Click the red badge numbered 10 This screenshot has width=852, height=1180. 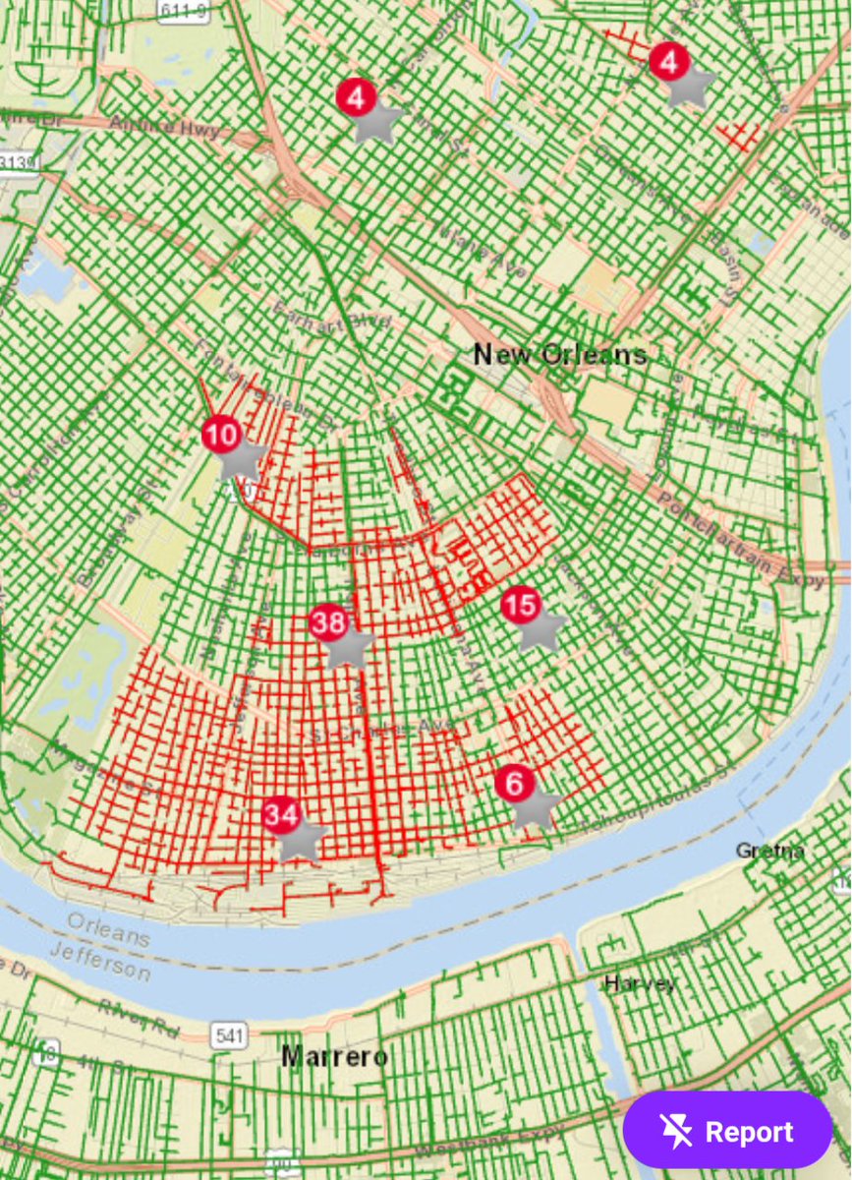pyautogui.click(x=221, y=435)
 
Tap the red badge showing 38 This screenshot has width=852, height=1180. pyautogui.click(x=328, y=621)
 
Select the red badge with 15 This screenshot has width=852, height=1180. pyautogui.click(x=520, y=604)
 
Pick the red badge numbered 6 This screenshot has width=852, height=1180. pyautogui.click(x=515, y=784)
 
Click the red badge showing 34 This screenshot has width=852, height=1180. pyautogui.click(x=281, y=814)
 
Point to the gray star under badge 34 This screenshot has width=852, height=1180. pyautogui.click(x=303, y=841)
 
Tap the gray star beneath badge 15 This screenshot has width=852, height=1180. pyautogui.click(x=541, y=630)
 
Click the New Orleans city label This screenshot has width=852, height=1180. pyautogui.click(x=560, y=354)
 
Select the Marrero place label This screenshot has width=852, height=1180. pyautogui.click(x=334, y=1057)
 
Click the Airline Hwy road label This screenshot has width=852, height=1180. pyautogui.click(x=157, y=128)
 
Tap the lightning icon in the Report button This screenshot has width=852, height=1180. pyautogui.click(x=677, y=1132)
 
